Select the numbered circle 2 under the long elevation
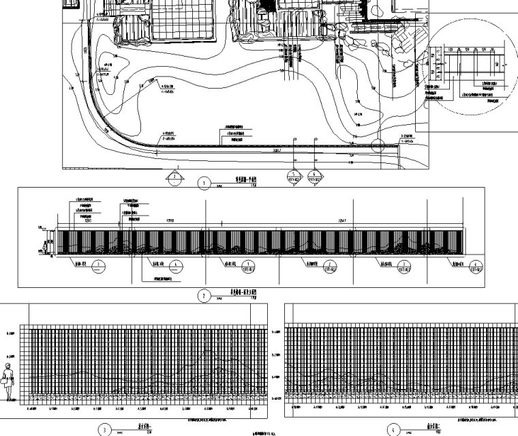(x=204, y=296)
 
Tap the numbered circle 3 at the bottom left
(x=105, y=430)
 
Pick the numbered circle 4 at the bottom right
(x=392, y=430)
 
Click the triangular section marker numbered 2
(x=175, y=178)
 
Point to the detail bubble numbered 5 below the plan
(x=294, y=179)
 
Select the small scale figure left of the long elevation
(x=46, y=245)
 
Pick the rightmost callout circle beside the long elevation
(x=471, y=265)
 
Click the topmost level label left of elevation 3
(x=10, y=333)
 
